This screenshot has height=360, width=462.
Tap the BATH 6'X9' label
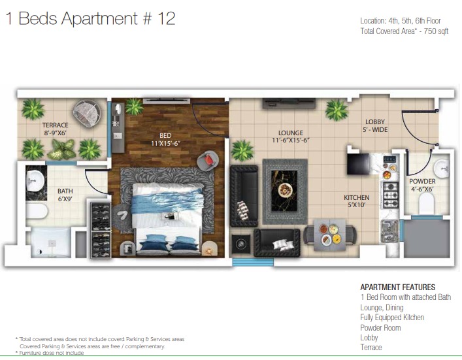tap(65, 195)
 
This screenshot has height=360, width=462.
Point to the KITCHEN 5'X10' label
tap(357, 201)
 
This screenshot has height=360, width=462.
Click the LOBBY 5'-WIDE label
tap(375, 125)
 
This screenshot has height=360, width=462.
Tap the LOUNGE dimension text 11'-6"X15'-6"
tap(291, 140)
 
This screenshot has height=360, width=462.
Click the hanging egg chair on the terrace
tap(87, 114)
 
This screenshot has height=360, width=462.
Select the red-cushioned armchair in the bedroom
tap(208, 161)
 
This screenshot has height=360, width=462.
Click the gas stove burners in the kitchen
tap(390, 195)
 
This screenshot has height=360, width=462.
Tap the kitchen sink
tap(389, 231)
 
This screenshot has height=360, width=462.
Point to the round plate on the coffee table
tap(284, 189)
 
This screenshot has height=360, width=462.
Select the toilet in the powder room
tap(427, 203)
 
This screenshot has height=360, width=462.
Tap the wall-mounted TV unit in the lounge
tap(289, 103)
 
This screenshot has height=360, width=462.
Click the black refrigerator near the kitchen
tap(359, 163)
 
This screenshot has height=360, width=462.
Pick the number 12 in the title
tap(166, 18)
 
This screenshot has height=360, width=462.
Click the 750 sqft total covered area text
tap(436, 31)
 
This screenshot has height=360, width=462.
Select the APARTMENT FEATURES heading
tap(398, 287)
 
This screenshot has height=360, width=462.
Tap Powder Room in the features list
tap(380, 327)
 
